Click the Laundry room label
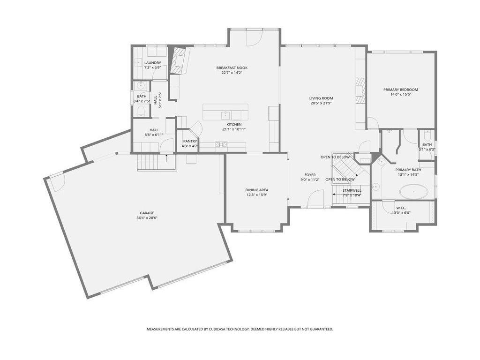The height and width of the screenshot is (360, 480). pos(152,63)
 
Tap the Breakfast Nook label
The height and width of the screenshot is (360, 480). pos(232,67)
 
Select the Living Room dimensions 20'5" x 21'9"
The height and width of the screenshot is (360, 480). pos(321,103)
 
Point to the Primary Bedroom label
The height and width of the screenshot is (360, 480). pos(401,90)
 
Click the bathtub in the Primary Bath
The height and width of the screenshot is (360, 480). pos(413,192)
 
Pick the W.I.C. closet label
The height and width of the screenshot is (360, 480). pos(401,208)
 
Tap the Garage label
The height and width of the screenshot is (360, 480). pos(147,213)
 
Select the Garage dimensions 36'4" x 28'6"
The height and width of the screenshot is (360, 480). pos(147,218)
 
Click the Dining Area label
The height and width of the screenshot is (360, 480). pos(257,190)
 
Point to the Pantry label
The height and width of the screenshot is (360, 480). pos(190,141)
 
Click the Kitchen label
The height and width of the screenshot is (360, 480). pos(234,124)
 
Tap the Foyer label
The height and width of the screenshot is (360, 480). pos(310,175)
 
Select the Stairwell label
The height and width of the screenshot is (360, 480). pos(352,190)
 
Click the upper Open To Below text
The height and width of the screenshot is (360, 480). pos(335,157)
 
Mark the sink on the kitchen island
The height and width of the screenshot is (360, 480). pos(225,115)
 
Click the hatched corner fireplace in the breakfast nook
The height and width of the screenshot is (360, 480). pos(177,61)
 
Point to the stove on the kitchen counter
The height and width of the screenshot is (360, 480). pos(221,144)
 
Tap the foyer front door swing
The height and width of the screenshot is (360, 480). pos(316,198)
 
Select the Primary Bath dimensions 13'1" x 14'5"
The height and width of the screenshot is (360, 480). pos(408,175)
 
